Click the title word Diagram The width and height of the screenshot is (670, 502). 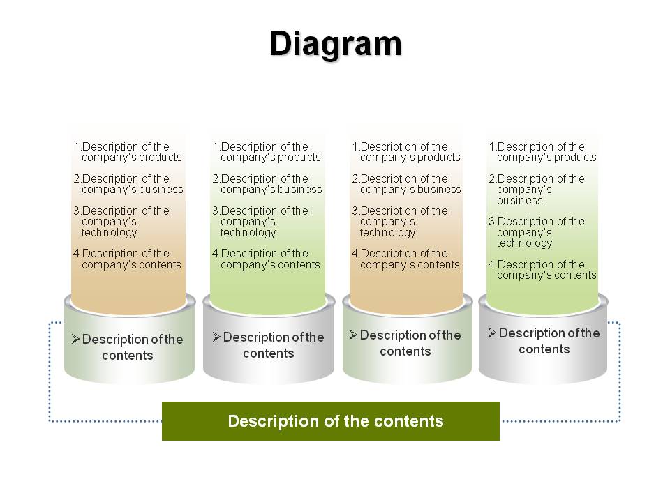336,45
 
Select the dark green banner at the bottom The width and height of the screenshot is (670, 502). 331,421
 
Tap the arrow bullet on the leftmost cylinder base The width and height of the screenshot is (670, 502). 75,339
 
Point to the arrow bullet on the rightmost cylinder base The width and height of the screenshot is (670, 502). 492,333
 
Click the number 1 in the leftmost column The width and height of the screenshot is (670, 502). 77,146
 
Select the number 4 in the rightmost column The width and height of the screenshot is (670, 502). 491,264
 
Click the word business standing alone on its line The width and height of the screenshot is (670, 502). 519,200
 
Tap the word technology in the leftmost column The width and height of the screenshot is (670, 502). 109,232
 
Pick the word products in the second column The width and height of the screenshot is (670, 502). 295,157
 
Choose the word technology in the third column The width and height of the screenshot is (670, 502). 387,232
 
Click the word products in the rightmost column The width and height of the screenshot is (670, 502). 572,157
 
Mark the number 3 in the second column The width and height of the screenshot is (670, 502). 216,211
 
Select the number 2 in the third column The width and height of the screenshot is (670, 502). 355,178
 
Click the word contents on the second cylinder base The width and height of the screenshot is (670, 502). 268,353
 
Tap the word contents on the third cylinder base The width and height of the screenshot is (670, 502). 405,351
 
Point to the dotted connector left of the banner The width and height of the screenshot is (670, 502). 50,372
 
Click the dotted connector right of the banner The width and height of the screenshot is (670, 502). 620,372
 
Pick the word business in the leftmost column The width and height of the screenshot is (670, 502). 158,189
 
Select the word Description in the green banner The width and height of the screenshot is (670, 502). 274,421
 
